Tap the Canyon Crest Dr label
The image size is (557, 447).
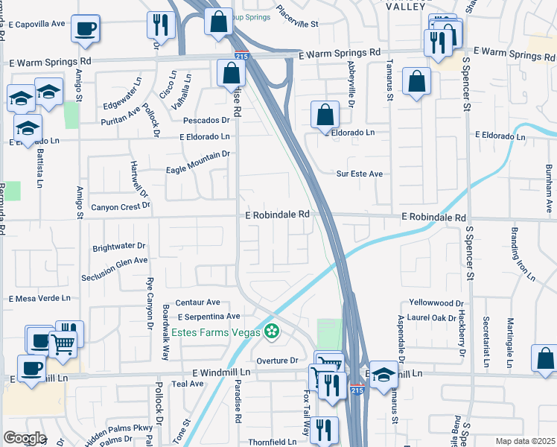click(120, 206)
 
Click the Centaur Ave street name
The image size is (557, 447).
click(197, 302)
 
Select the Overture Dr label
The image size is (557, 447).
click(277, 360)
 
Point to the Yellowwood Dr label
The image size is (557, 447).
click(437, 304)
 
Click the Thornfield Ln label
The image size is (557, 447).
click(272, 441)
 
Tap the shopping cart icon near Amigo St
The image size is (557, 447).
click(63, 343)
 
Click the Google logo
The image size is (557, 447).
click(25, 437)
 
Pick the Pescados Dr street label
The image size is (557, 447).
click(203, 120)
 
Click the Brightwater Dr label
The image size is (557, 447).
click(119, 246)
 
